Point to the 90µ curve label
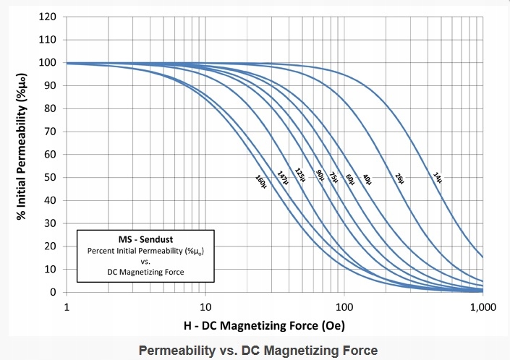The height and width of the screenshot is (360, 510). [320, 176]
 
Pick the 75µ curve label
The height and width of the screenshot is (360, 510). [333, 176]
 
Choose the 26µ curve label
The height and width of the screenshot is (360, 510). [400, 176]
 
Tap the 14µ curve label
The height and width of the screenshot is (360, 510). [437, 176]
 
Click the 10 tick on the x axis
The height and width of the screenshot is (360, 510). [205, 307]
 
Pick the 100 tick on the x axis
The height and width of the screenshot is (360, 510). [344, 307]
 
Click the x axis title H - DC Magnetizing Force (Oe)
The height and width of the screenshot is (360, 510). [274, 325]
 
